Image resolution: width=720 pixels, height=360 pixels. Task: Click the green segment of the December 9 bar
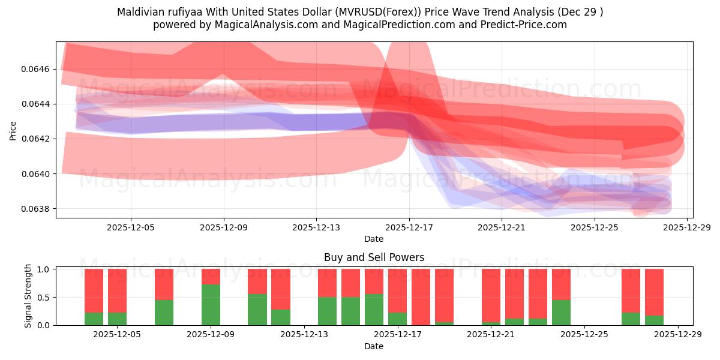point(211,305)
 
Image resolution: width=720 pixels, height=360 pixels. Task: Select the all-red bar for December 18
point(421,297)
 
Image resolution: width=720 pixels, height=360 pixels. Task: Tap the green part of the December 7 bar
point(164,313)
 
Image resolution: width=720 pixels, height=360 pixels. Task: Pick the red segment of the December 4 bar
point(94,290)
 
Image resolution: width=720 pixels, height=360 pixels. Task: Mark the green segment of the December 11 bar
point(257,310)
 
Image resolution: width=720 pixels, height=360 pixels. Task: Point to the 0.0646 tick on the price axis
point(38,69)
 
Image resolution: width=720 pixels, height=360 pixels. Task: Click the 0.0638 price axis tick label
point(38,209)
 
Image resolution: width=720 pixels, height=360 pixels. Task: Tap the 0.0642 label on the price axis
point(38,139)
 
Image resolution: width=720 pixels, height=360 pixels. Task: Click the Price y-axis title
point(13,130)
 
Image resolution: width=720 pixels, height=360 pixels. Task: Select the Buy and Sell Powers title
point(374,257)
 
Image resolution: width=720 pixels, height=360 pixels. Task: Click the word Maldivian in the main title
point(140,12)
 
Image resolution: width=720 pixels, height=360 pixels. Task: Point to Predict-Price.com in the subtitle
point(526,25)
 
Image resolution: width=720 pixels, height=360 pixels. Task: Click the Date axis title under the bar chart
point(374,346)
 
